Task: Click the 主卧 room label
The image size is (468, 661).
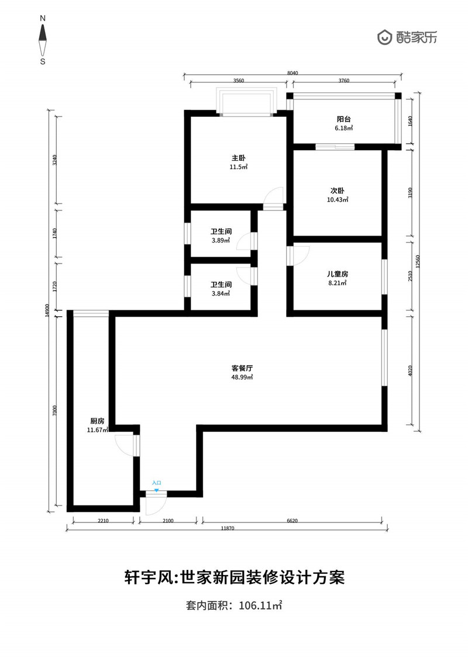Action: (x=239, y=158)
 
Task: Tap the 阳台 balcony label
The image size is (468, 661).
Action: (x=344, y=119)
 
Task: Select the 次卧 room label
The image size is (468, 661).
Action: (x=337, y=191)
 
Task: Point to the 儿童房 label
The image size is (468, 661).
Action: (x=337, y=274)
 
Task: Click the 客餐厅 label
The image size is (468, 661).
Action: (x=242, y=368)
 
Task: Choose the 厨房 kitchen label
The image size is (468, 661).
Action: (x=97, y=421)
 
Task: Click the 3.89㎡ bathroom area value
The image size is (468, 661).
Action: (x=221, y=241)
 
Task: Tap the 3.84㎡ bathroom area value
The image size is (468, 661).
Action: (x=221, y=294)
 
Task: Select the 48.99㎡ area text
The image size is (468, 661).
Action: (x=242, y=378)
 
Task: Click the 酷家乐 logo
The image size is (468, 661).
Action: (x=407, y=37)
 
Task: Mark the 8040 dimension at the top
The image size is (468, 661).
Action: (x=292, y=73)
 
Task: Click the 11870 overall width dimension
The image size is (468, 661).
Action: (x=228, y=528)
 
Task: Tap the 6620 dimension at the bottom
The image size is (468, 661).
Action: (x=292, y=521)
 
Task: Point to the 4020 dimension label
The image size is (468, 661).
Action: (x=411, y=371)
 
